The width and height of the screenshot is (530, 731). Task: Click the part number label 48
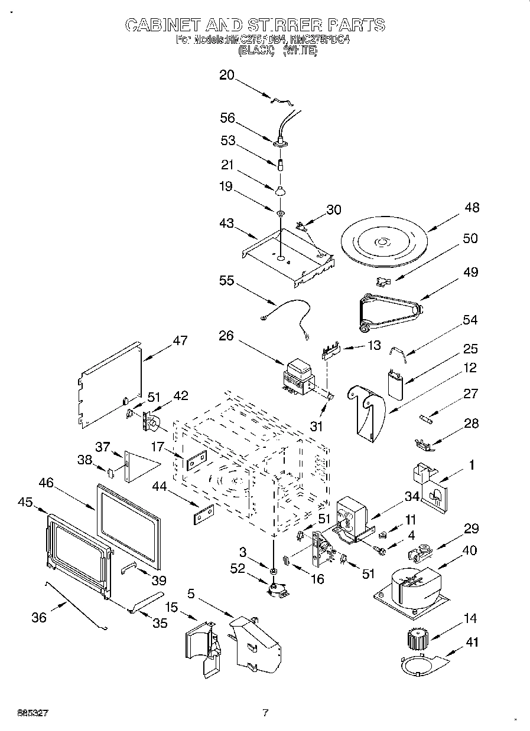(472, 208)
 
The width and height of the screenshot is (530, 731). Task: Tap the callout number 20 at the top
(227, 75)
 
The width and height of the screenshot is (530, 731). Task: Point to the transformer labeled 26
(298, 378)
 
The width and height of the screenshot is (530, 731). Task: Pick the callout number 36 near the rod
(39, 618)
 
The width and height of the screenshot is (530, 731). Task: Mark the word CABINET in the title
(162, 25)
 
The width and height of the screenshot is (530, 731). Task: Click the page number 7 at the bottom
(265, 713)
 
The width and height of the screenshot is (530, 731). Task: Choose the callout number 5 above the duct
(191, 593)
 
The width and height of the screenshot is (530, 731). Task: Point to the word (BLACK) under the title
(256, 51)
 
